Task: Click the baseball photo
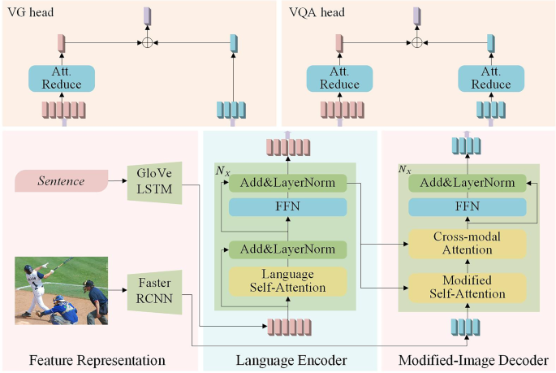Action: pyautogui.click(x=61, y=291)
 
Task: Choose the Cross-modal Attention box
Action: pyautogui.click(x=467, y=243)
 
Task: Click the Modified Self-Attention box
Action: pyautogui.click(x=467, y=286)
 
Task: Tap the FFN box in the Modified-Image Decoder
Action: pyautogui.click(x=467, y=206)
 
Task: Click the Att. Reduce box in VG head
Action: pyautogui.click(x=62, y=79)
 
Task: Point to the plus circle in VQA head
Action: pyautogui.click(x=417, y=41)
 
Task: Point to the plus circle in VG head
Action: pyautogui.click(x=148, y=41)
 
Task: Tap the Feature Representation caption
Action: pyautogui.click(x=97, y=359)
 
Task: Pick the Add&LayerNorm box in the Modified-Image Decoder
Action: pyautogui.click(x=467, y=183)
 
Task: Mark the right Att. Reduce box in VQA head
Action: pyautogui.click(x=490, y=79)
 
